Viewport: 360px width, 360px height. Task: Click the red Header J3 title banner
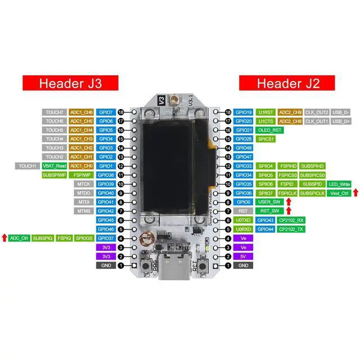70,83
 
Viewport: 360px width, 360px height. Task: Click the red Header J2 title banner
288,83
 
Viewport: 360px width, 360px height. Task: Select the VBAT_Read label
53,166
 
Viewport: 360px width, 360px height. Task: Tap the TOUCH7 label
55,112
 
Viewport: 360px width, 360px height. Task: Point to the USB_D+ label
341,121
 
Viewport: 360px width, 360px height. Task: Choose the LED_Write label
339,184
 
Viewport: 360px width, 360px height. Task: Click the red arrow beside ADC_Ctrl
4,238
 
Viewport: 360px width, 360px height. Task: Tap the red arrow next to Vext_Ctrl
355,193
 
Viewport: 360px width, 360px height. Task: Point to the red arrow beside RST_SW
288,211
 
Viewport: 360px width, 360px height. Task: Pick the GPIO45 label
106,220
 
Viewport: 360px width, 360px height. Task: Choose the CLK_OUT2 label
317,112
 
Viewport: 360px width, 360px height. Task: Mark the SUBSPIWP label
55,175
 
